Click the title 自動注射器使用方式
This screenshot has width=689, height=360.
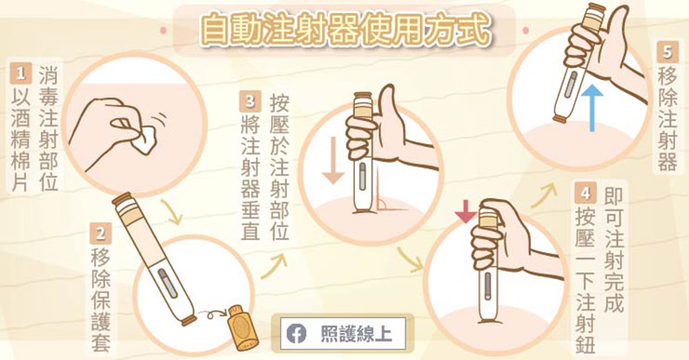click(x=344, y=29)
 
